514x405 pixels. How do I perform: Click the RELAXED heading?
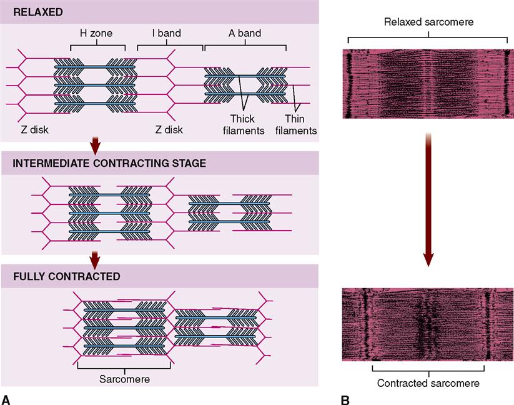coord(32,11)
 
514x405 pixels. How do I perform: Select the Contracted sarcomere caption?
coord(428,383)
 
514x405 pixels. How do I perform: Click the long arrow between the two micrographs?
coord(428,200)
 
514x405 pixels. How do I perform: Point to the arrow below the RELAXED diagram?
coord(95,146)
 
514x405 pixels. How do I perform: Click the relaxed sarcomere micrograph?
coord(428,84)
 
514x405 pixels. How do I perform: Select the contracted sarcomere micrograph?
coord(428,324)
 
